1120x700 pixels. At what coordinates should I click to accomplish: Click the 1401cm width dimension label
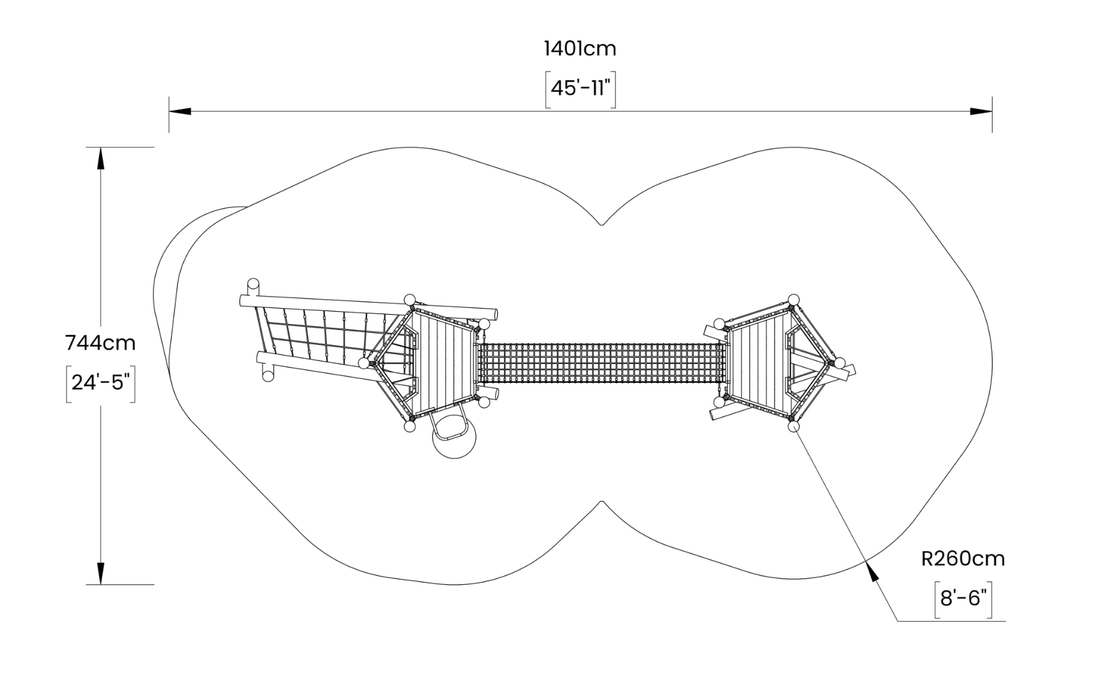click(580, 49)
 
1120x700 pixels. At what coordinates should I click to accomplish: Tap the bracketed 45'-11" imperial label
click(581, 89)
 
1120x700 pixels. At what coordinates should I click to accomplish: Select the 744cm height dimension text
click(100, 343)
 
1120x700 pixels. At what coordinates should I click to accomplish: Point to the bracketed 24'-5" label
click(101, 383)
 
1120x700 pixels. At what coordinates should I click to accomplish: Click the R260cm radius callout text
click(963, 559)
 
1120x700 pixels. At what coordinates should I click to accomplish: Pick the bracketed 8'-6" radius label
click(963, 599)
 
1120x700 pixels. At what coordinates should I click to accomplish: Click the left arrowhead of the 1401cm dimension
click(180, 111)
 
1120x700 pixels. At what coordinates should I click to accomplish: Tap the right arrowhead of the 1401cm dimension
click(981, 111)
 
